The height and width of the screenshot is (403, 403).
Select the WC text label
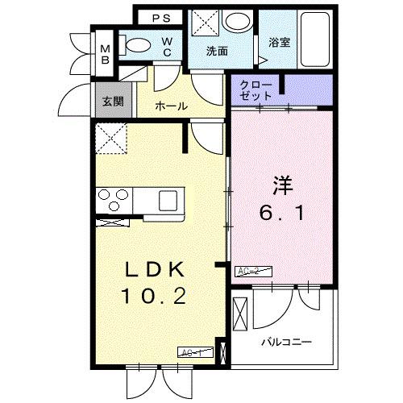(x=168, y=47)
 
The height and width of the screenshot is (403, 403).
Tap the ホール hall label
(x=171, y=106)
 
